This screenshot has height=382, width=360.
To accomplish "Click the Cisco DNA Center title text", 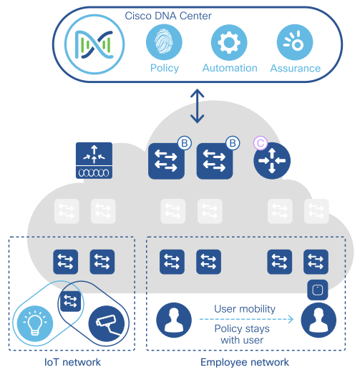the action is [168, 16].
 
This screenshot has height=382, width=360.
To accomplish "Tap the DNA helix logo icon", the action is [94, 44].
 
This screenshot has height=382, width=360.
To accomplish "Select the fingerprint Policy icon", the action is [164, 42].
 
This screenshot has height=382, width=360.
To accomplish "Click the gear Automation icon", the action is [229, 42].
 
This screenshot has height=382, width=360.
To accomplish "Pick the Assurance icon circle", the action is [295, 42].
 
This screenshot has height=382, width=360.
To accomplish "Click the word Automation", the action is [230, 68].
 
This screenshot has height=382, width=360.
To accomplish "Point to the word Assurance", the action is [296, 68].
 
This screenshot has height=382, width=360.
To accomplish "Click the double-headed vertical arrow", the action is [198, 106].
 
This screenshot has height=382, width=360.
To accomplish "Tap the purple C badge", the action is [261, 143].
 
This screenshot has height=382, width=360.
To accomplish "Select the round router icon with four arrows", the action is [272, 161].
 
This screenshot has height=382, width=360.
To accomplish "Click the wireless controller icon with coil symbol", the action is [94, 160].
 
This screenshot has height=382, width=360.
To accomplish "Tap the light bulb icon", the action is [35, 323].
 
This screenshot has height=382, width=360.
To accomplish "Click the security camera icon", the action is [107, 323].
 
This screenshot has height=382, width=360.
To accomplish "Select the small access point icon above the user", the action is [318, 290].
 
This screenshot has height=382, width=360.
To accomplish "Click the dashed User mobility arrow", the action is [246, 319].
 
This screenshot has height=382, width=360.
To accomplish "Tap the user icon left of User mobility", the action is [174, 320].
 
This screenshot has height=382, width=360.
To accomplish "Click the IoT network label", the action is [72, 362].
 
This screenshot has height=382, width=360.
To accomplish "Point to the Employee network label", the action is [245, 362].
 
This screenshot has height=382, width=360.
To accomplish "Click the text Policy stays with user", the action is [242, 334].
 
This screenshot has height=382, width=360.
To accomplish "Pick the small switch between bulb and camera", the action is [70, 301].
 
